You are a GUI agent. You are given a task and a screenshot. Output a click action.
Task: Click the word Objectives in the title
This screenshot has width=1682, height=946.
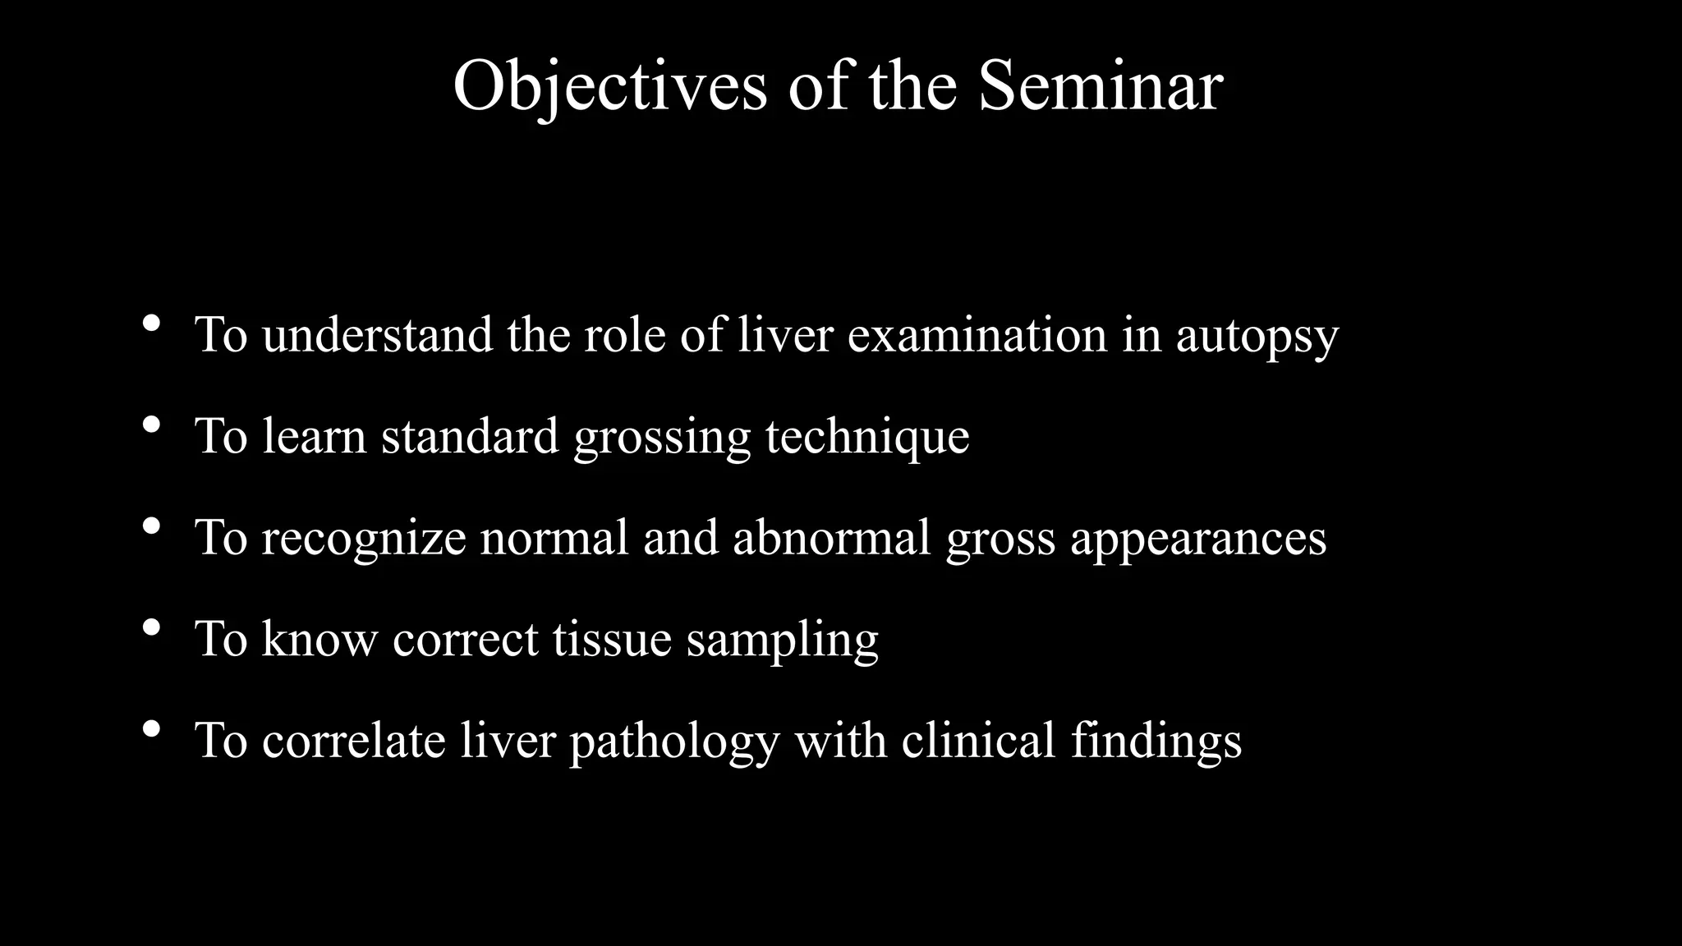pyautogui.click(x=609, y=86)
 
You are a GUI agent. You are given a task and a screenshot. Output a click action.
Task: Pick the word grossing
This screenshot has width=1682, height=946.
pyautogui.click(x=662, y=437)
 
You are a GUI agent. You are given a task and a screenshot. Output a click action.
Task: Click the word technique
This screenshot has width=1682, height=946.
pyautogui.click(x=867, y=437)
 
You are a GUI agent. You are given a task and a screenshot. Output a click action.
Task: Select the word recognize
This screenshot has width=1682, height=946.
pyautogui.click(x=364, y=538)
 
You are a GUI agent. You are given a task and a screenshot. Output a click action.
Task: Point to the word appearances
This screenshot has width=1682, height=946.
pyautogui.click(x=1197, y=539)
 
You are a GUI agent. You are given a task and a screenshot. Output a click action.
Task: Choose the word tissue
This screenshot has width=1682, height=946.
pyautogui.click(x=612, y=639)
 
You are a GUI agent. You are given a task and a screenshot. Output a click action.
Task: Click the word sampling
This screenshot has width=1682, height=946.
pyautogui.click(x=782, y=641)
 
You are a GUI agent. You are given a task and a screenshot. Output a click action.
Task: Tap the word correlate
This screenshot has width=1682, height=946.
pyautogui.click(x=353, y=740)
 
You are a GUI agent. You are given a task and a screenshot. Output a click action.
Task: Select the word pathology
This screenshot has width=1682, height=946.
pyautogui.click(x=674, y=742)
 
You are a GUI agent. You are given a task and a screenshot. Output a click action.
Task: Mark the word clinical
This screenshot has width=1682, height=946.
pyautogui.click(x=977, y=740)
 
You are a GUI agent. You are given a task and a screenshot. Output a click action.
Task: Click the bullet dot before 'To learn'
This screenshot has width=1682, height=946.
pyautogui.click(x=151, y=425)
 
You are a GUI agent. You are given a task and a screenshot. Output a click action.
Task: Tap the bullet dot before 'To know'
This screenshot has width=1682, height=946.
pyautogui.click(x=151, y=628)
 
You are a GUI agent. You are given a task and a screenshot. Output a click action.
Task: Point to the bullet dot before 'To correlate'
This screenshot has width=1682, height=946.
pyautogui.click(x=151, y=729)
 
